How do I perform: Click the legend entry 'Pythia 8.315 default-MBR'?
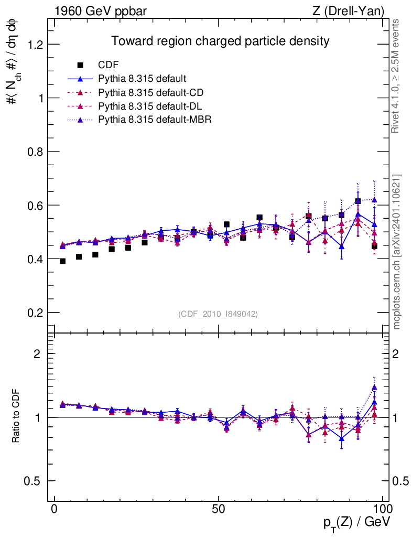pyautogui.click(x=155, y=120)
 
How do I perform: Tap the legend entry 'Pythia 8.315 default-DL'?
pyautogui.click(x=150, y=106)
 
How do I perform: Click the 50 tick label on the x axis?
pyautogui.click(x=219, y=509)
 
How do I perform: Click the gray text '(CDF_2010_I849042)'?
pyautogui.click(x=218, y=314)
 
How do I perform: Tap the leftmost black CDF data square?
pyautogui.click(x=63, y=261)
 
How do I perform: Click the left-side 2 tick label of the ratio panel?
pyautogui.click(x=37, y=353)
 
